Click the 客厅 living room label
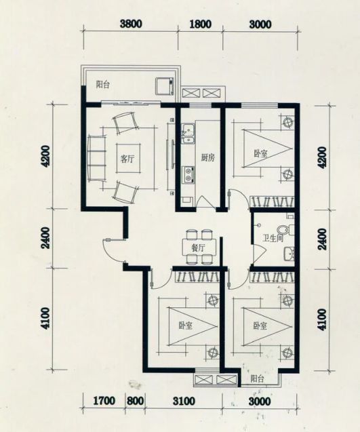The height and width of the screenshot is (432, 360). coord(127,159)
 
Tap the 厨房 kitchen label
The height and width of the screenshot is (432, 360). coord(208,158)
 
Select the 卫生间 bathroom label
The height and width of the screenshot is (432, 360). coord(273,238)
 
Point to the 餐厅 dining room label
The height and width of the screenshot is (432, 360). coord(198,248)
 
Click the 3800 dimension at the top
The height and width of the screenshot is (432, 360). coord(131,24)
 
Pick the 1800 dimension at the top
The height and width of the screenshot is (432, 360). coord(201,24)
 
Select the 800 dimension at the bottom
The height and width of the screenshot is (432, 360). coord(135,401)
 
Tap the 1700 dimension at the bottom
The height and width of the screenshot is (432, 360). coord(104,401)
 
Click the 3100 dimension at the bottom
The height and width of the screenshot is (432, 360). coord(184,401)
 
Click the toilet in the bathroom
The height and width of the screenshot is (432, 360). coord(285,229)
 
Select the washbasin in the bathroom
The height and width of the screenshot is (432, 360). coord(289,254)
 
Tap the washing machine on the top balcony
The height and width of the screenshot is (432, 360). coord(165,86)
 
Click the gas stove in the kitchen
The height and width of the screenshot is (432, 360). coord(188,175)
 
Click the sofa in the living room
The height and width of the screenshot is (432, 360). coord(97,159)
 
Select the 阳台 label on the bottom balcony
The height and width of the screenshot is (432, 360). coord(257,379)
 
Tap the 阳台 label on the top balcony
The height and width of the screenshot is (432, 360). coord(102,85)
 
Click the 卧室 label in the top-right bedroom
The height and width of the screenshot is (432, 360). coord(260,153)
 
